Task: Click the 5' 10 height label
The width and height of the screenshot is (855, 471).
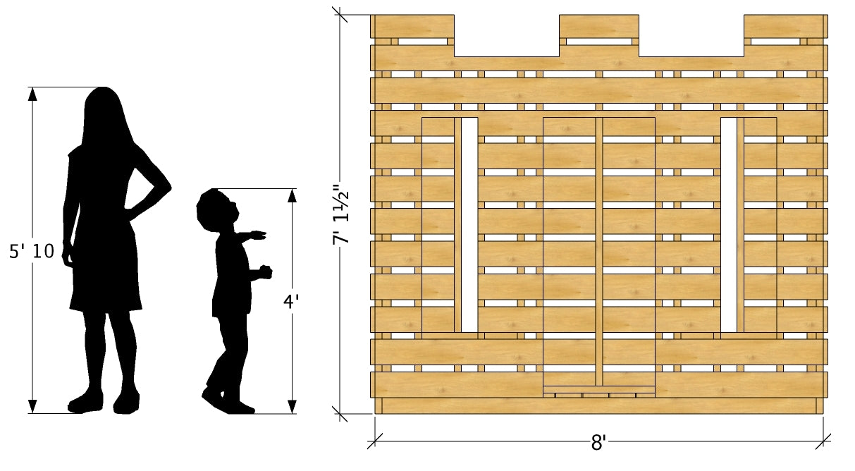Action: pos(32,251)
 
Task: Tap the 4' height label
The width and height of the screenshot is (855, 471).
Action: pos(291,302)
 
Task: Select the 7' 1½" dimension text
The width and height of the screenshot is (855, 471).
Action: pos(341,214)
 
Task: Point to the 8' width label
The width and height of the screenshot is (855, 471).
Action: pos(598,443)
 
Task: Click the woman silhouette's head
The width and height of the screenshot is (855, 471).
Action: pos(102,105)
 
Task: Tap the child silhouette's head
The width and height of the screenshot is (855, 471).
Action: pos(216,210)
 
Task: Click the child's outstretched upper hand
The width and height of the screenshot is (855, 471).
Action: pos(258,235)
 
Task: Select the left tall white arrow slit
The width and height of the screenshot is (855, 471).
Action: pos(469,224)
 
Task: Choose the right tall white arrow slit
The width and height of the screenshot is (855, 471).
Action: pos(729,224)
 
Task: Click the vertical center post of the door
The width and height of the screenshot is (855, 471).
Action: pos(599,252)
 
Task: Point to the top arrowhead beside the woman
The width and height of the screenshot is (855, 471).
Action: pos(33,94)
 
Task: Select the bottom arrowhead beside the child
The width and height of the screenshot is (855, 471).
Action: pos(292,407)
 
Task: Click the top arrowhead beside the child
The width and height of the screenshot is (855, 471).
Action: pos(292,195)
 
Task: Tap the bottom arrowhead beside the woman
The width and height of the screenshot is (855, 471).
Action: pos(33,407)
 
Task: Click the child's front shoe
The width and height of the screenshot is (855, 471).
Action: pos(238,408)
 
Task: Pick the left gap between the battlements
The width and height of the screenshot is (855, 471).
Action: pos(507,35)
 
